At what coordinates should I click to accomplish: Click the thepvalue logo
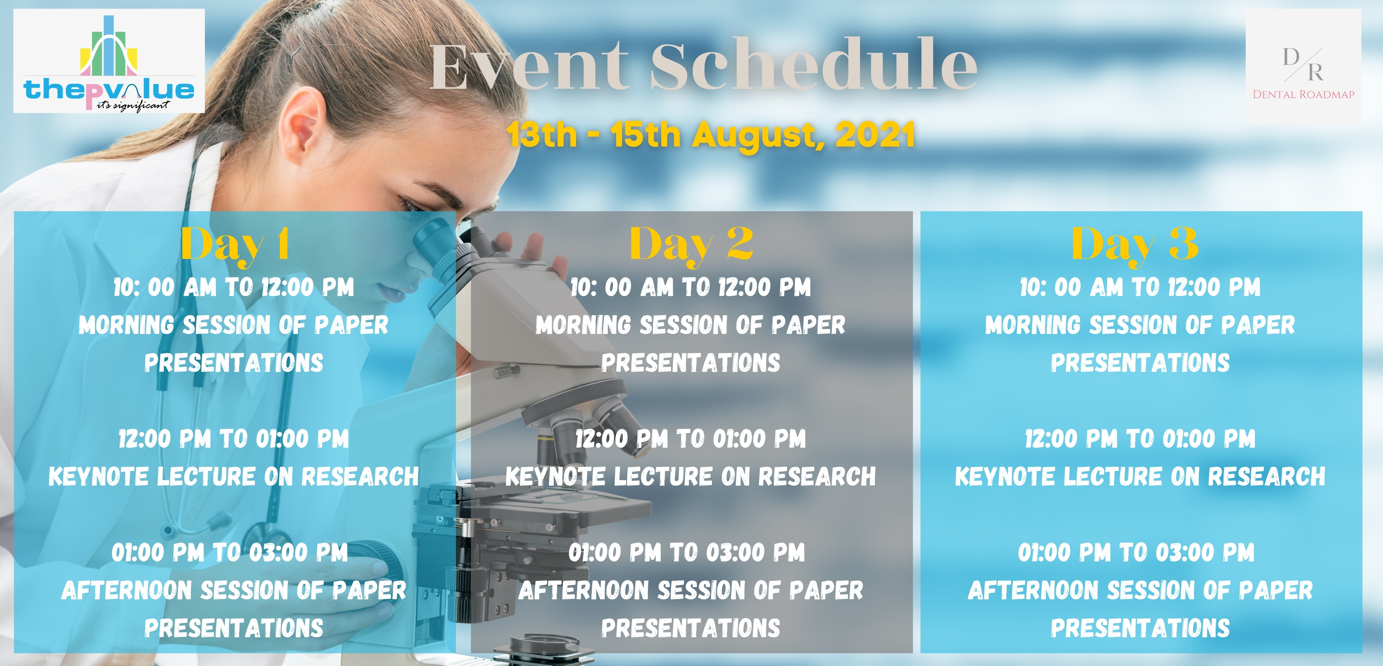click(109, 61)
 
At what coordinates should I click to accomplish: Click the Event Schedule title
click(703, 65)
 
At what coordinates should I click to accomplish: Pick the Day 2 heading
click(691, 245)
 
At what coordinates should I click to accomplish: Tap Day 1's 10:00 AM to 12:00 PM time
click(234, 287)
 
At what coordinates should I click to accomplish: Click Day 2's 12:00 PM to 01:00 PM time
click(690, 439)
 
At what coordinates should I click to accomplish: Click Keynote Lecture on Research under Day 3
click(1140, 476)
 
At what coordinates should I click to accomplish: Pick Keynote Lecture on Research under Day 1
click(234, 476)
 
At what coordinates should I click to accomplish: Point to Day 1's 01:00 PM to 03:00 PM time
click(230, 552)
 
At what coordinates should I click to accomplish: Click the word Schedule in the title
click(814, 65)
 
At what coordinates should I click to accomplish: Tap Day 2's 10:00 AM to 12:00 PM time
click(690, 287)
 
